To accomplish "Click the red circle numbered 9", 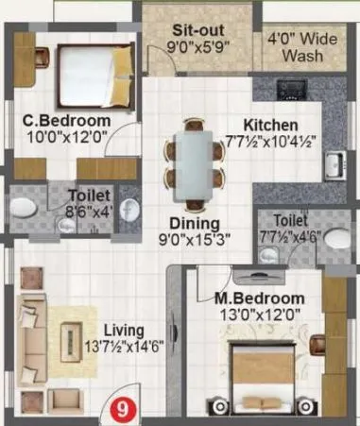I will point(119,410).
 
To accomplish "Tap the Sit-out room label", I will point(198,17).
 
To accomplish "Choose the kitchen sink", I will point(332,166).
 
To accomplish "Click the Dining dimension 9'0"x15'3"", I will point(195,238).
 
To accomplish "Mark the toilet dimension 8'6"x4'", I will point(88,213).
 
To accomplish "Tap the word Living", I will point(123,330).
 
